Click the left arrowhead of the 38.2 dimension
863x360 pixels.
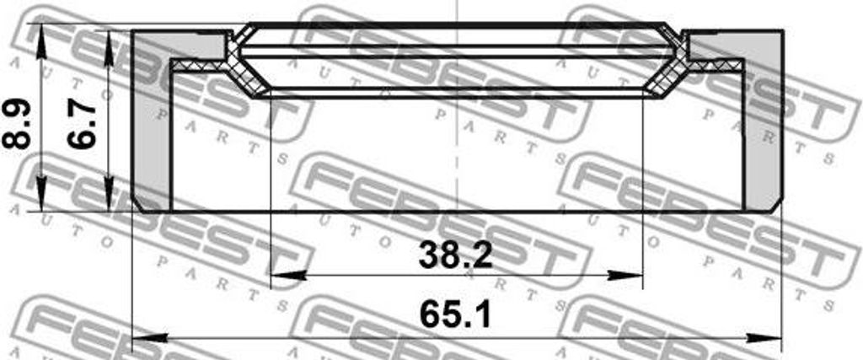(281, 275)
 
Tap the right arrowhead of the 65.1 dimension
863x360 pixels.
(770, 337)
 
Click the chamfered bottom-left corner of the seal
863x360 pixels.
(139, 206)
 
